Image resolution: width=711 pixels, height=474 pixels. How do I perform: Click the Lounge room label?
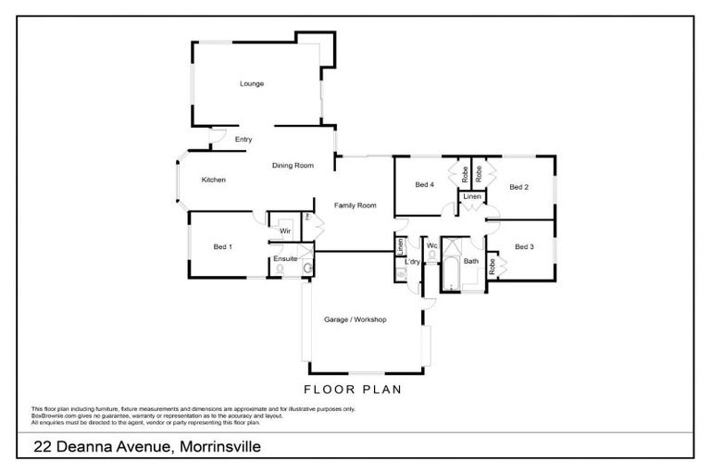pyautogui.click(x=252, y=84)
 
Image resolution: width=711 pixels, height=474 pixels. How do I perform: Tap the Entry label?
pyautogui.click(x=243, y=140)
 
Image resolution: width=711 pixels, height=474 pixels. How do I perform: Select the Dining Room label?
pyautogui.click(x=293, y=166)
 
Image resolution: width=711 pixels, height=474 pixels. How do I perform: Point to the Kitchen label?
pyautogui.click(x=214, y=180)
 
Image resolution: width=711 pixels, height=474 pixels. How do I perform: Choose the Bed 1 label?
pyautogui.click(x=222, y=247)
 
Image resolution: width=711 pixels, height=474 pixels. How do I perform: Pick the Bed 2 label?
pyautogui.click(x=519, y=187)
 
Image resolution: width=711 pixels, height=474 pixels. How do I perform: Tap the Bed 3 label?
pyautogui.click(x=524, y=247)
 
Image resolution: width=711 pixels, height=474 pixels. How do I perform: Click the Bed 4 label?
pyautogui.click(x=424, y=185)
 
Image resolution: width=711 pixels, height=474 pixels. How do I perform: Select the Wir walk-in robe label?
pyautogui.click(x=285, y=230)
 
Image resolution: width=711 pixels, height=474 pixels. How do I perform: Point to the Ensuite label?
pyautogui.click(x=285, y=258)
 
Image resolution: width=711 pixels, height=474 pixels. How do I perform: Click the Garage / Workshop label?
pyautogui.click(x=355, y=319)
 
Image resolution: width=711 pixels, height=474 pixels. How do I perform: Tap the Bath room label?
pyautogui.click(x=471, y=261)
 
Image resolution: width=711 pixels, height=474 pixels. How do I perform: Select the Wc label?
pyautogui.click(x=431, y=245)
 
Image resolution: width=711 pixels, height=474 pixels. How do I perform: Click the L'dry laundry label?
pyautogui.click(x=413, y=262)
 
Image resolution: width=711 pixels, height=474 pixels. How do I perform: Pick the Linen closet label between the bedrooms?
pyautogui.click(x=472, y=197)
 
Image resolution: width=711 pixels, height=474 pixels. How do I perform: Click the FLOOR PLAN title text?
pyautogui.click(x=353, y=390)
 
